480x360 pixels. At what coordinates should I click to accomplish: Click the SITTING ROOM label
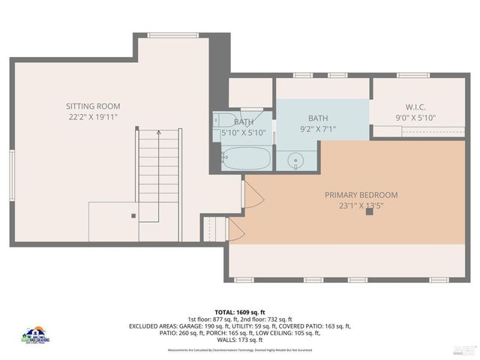(x=93, y=106)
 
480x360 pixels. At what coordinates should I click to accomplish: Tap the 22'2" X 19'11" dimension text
(x=93, y=118)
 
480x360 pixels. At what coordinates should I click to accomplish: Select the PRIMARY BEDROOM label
(x=361, y=195)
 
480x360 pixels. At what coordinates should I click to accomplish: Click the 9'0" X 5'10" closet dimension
(x=415, y=118)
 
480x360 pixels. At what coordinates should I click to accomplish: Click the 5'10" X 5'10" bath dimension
(x=243, y=133)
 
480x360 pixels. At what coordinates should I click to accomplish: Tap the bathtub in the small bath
(x=246, y=157)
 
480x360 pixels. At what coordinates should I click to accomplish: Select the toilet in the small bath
(x=225, y=120)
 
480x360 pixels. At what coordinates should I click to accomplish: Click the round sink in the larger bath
(x=296, y=160)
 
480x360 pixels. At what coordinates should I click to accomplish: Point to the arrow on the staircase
(x=158, y=133)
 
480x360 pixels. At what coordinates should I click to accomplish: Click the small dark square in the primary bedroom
(x=369, y=211)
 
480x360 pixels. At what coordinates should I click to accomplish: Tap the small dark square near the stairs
(x=133, y=215)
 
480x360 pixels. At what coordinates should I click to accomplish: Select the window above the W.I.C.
(x=413, y=75)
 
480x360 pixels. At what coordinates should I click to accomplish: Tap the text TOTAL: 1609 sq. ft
(x=240, y=312)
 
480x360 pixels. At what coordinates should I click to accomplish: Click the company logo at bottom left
(x=36, y=335)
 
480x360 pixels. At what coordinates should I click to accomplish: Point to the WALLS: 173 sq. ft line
(x=240, y=339)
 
